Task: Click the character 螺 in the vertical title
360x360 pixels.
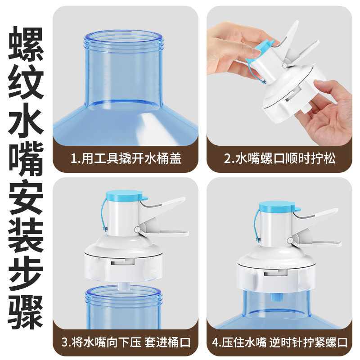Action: tap(26, 44)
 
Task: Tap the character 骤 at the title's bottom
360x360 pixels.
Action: tap(26, 312)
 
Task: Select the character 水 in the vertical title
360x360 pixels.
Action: tap(26, 120)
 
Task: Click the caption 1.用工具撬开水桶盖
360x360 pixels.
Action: tap(126, 158)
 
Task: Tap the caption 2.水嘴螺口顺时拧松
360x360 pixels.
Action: tap(279, 158)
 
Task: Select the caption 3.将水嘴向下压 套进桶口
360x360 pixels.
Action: tap(126, 342)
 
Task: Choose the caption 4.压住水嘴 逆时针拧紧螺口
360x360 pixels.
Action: tap(279, 342)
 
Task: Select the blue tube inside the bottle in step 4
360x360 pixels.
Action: tap(276, 297)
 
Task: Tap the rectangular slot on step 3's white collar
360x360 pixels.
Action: tap(122, 262)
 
